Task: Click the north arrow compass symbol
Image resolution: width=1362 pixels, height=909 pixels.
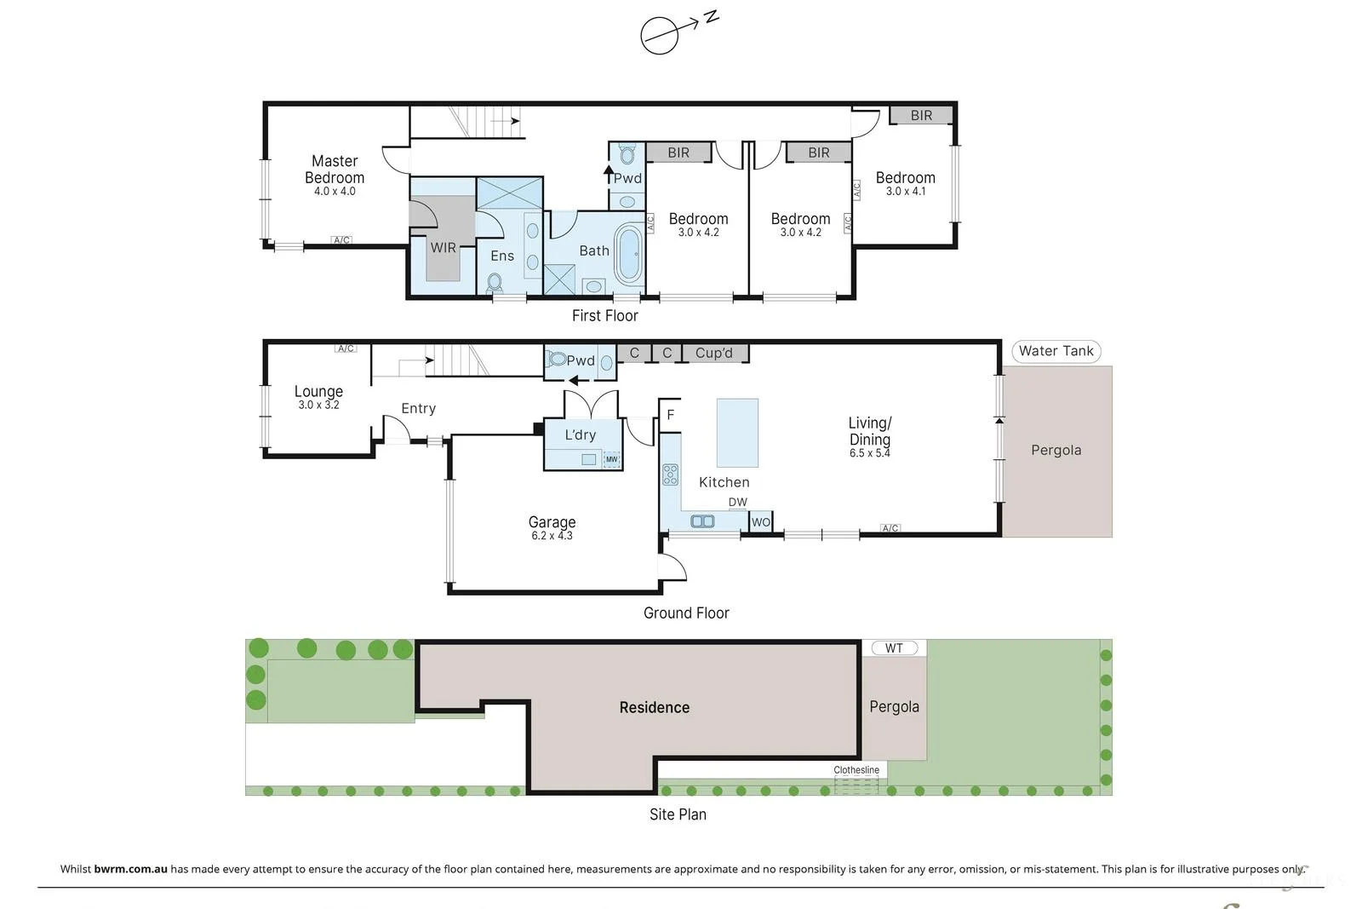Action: (x=661, y=35)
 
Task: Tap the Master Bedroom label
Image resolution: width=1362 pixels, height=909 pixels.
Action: (x=335, y=170)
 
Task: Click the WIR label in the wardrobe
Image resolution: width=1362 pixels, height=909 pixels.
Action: (x=443, y=248)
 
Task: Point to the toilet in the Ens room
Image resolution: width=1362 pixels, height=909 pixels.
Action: (x=495, y=282)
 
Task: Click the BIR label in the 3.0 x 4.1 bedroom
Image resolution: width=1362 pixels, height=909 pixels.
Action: (x=921, y=116)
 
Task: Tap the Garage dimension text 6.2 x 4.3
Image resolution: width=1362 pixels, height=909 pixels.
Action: (x=552, y=536)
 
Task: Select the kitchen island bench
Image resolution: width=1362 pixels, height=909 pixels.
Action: (x=737, y=432)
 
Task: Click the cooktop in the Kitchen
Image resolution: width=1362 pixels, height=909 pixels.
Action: (x=671, y=475)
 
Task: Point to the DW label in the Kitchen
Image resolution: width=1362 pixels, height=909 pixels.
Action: (x=737, y=502)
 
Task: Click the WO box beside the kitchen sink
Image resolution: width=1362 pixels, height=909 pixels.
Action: (x=760, y=522)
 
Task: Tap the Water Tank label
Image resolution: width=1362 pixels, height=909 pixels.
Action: (x=1056, y=351)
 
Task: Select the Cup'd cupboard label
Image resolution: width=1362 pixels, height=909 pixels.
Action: (x=713, y=353)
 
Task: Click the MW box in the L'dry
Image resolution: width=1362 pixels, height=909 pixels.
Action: (x=611, y=459)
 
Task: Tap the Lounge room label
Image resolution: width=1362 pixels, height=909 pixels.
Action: (x=318, y=391)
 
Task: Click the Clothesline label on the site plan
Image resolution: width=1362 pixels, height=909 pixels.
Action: (x=856, y=770)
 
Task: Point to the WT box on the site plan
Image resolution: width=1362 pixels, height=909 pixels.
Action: (x=894, y=648)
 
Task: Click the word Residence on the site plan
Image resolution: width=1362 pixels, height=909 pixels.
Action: (x=654, y=707)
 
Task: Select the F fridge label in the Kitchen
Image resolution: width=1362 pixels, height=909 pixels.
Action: (x=671, y=415)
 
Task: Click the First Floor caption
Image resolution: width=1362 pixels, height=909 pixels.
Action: (x=604, y=316)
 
